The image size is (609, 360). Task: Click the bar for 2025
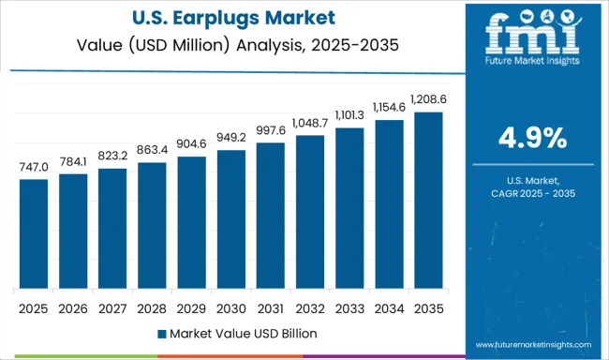pos(34,233)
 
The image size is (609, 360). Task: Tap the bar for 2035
pos(428,201)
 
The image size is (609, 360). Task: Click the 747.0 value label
pos(34,166)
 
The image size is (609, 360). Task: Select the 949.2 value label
pos(230,138)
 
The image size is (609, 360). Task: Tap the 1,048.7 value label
pos(310,123)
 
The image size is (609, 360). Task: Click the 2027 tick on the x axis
pos(112,307)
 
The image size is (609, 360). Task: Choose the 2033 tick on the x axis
pos(349,307)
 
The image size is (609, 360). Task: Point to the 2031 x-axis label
pos(270,307)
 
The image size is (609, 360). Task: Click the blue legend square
pos(162,333)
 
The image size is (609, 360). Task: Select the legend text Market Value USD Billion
pos(236,333)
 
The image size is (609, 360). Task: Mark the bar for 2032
pos(310,212)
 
